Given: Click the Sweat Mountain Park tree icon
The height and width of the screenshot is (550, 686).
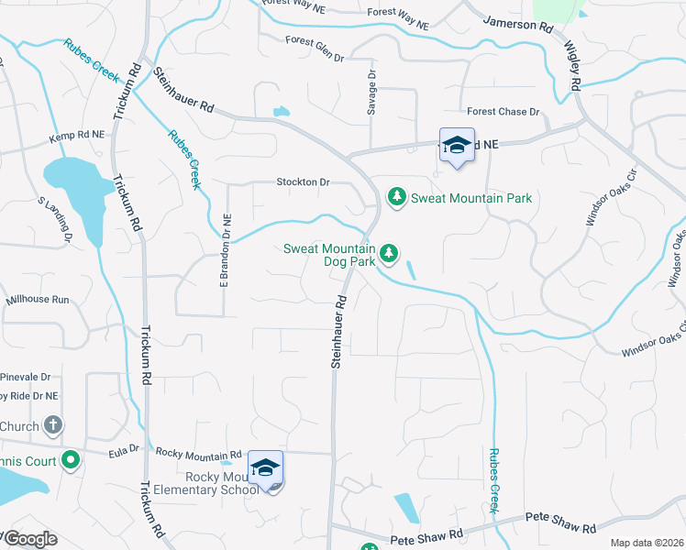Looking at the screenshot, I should [397, 197].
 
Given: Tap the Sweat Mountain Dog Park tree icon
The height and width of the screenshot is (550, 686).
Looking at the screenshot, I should [389, 252].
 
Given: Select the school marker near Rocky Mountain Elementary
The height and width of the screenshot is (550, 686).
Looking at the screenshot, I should [265, 468].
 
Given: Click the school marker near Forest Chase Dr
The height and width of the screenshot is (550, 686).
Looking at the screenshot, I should [457, 146].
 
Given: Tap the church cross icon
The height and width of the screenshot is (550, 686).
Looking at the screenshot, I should [53, 425].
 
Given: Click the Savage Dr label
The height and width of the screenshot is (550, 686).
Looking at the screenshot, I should [372, 93].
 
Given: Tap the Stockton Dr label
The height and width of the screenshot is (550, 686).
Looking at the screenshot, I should [303, 182].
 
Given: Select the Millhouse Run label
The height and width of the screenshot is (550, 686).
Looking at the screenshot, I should [38, 300].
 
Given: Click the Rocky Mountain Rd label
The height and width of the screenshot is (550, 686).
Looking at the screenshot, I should [198, 453].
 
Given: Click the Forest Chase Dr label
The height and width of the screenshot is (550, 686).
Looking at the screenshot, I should [503, 112].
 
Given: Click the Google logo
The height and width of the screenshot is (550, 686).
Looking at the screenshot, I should [29, 539].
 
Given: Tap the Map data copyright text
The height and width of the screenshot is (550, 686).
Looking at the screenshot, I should [646, 543].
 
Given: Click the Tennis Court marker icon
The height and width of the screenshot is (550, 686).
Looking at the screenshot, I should [71, 462].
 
